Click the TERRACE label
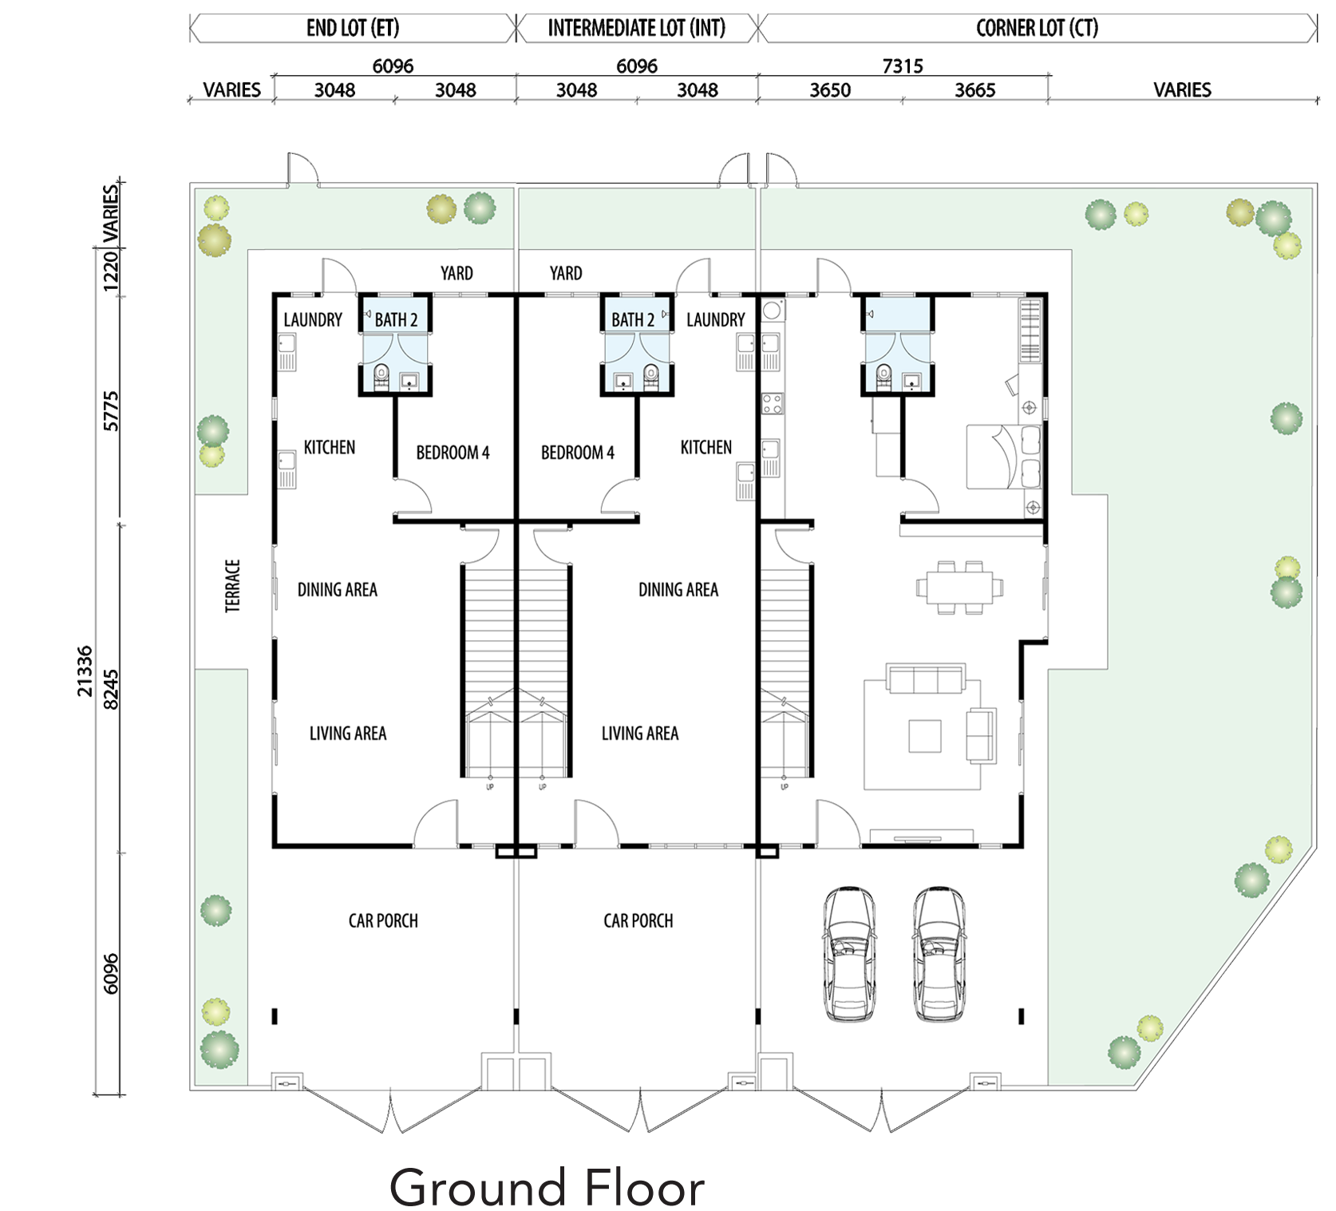point(232,586)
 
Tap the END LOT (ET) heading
point(353,29)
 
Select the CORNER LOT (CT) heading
point(1037,29)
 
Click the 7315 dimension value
point(903,66)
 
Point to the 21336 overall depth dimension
point(85,671)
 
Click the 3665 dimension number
point(974,90)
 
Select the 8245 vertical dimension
point(111,689)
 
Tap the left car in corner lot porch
point(849,953)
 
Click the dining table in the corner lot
point(960,588)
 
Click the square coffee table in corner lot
point(925,736)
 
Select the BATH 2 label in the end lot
point(396,320)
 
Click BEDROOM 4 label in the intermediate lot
point(578,453)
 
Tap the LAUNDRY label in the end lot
point(313,320)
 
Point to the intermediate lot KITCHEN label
point(706,447)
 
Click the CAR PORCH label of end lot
point(383,920)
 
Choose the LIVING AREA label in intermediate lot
point(640,734)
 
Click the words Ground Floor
point(547,1188)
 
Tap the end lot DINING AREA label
point(338,590)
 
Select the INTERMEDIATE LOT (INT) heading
point(637,29)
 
